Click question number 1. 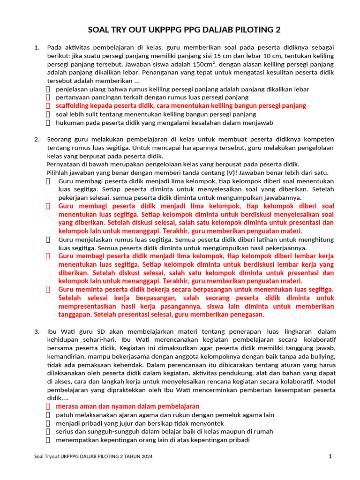(37, 47)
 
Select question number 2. (37, 139)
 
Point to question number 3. (37, 331)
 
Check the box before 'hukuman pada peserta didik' (48, 123)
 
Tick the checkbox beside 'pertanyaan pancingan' (48, 97)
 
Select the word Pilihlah (59, 172)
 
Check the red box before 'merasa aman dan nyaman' (48, 406)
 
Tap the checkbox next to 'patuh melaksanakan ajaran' (48, 415)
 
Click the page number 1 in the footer (330, 456)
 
